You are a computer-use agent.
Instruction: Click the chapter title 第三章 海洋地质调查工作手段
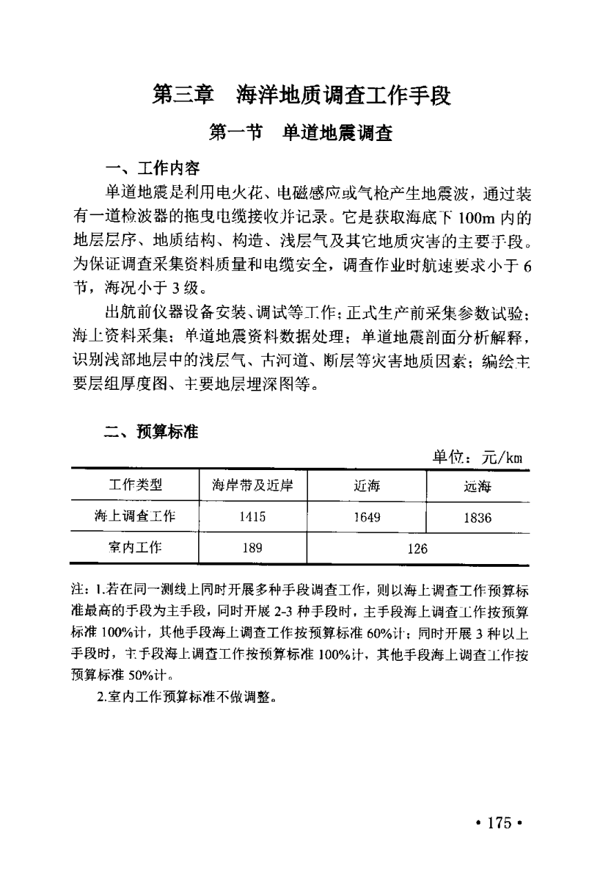point(301,95)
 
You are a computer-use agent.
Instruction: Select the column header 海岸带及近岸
point(252,485)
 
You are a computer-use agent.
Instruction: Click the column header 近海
point(367,486)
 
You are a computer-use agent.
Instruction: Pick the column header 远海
point(477,486)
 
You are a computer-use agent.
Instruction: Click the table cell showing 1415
point(252,517)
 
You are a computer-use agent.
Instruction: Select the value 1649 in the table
point(367,517)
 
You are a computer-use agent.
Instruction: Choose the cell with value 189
point(252,548)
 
